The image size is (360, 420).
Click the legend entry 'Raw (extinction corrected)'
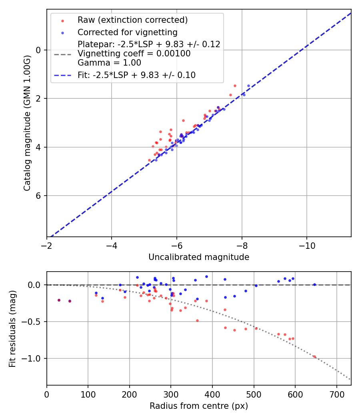tap(132, 20)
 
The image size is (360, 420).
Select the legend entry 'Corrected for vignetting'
tap(127, 32)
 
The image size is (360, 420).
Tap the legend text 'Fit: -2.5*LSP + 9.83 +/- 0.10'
tap(136, 75)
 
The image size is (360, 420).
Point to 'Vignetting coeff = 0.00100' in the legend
tap(134, 54)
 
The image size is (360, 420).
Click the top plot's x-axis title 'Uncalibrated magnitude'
tap(199, 257)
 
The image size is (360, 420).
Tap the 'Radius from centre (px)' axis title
tap(199, 406)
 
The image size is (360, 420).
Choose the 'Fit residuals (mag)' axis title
tap(12, 328)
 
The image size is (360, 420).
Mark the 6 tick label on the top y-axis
tap(38, 196)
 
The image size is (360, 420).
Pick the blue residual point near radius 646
tap(314, 284)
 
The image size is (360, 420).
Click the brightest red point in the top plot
tap(235, 86)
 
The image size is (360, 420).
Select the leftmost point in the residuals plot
tap(59, 300)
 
